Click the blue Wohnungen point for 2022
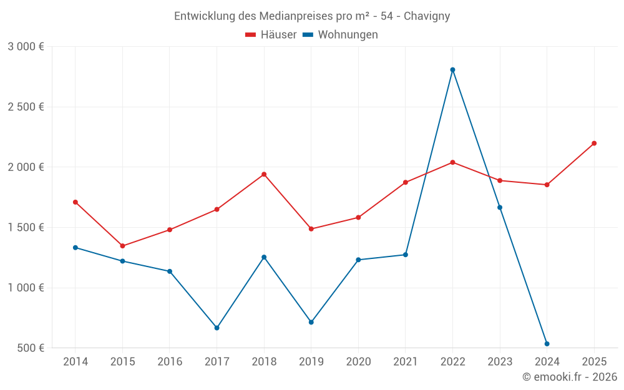click(452, 70)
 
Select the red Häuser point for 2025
click(594, 144)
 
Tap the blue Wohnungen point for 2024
click(547, 344)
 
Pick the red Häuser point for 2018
click(264, 174)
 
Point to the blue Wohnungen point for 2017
click(217, 328)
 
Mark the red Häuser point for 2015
click(122, 246)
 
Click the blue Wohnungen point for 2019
click(311, 322)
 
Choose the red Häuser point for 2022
click(452, 162)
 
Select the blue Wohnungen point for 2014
click(76, 248)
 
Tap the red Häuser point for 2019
click(311, 229)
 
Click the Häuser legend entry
click(271, 35)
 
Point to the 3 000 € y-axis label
click(26, 47)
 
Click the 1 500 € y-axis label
click(26, 228)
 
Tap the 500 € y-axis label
click(30, 348)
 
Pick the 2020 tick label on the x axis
click(358, 362)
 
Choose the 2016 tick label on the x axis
click(170, 362)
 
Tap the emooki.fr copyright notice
click(570, 377)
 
